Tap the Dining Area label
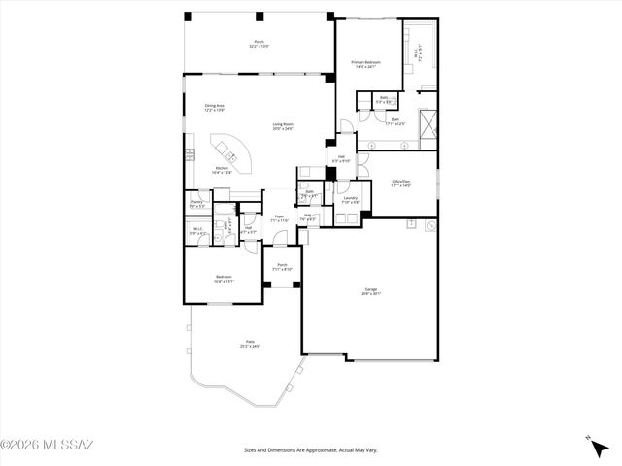pos(215,108)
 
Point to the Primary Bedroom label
pos(365,65)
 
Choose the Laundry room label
pos(351,200)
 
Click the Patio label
pos(250,344)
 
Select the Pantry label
pos(196,204)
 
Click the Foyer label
pos(279,218)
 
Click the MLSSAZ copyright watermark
pos(47,446)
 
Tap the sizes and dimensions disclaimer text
pos(310,450)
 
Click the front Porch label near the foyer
pos(282,266)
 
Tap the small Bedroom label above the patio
pos(224,279)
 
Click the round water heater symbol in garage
pos(431,225)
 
